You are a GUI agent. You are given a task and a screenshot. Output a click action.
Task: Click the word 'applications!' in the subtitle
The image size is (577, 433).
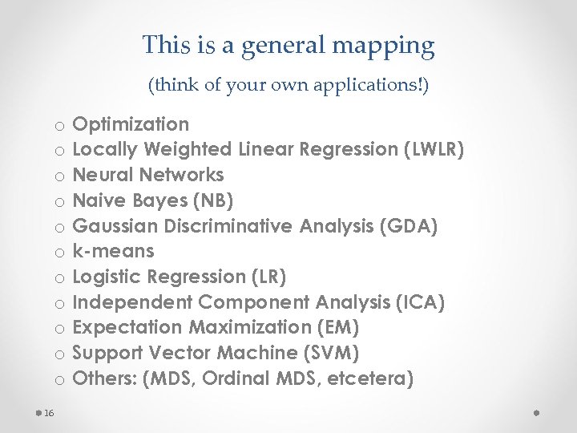pos(376,84)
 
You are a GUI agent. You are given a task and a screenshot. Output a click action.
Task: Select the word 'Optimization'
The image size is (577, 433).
pos(131,124)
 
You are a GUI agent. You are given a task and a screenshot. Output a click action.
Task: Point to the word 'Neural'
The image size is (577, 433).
pos(103,175)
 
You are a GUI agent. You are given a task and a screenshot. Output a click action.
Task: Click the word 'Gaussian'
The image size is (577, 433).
pos(111,226)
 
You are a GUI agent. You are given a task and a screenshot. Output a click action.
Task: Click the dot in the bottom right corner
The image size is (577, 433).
pos(538,412)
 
